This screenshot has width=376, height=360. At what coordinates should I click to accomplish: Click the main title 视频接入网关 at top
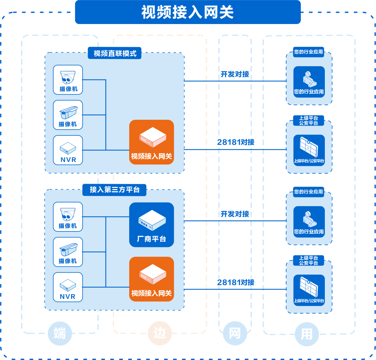point(188,12)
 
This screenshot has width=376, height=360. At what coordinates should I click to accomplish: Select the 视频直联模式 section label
point(115,53)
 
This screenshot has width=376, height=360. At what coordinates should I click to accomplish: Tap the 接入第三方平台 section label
point(114,190)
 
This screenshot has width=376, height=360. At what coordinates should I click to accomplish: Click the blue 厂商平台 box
point(151,225)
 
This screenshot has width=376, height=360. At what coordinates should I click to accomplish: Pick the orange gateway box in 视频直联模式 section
point(151,142)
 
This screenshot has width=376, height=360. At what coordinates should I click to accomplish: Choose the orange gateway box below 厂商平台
point(151,279)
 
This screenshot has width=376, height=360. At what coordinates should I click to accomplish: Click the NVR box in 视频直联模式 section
point(68,150)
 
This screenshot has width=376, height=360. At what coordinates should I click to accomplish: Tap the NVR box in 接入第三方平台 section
point(68,287)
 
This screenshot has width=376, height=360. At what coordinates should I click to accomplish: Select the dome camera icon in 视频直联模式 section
point(68,80)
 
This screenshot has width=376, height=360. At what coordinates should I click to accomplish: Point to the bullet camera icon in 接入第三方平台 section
point(68,252)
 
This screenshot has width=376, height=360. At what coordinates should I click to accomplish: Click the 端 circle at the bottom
point(60,333)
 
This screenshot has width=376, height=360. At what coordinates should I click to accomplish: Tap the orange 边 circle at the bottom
point(160,333)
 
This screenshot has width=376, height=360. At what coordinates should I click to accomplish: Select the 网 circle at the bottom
point(235,333)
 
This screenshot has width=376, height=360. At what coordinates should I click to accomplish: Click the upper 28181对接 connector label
point(236,142)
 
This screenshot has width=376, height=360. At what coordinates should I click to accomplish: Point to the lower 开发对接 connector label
point(235,214)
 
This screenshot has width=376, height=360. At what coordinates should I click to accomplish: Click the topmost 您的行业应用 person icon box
point(309,82)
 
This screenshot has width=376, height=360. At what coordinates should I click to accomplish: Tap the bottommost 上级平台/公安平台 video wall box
point(309,290)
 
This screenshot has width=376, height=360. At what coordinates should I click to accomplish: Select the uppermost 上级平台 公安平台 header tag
point(309,120)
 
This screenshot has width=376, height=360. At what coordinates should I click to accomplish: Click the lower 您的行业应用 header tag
point(309,192)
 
